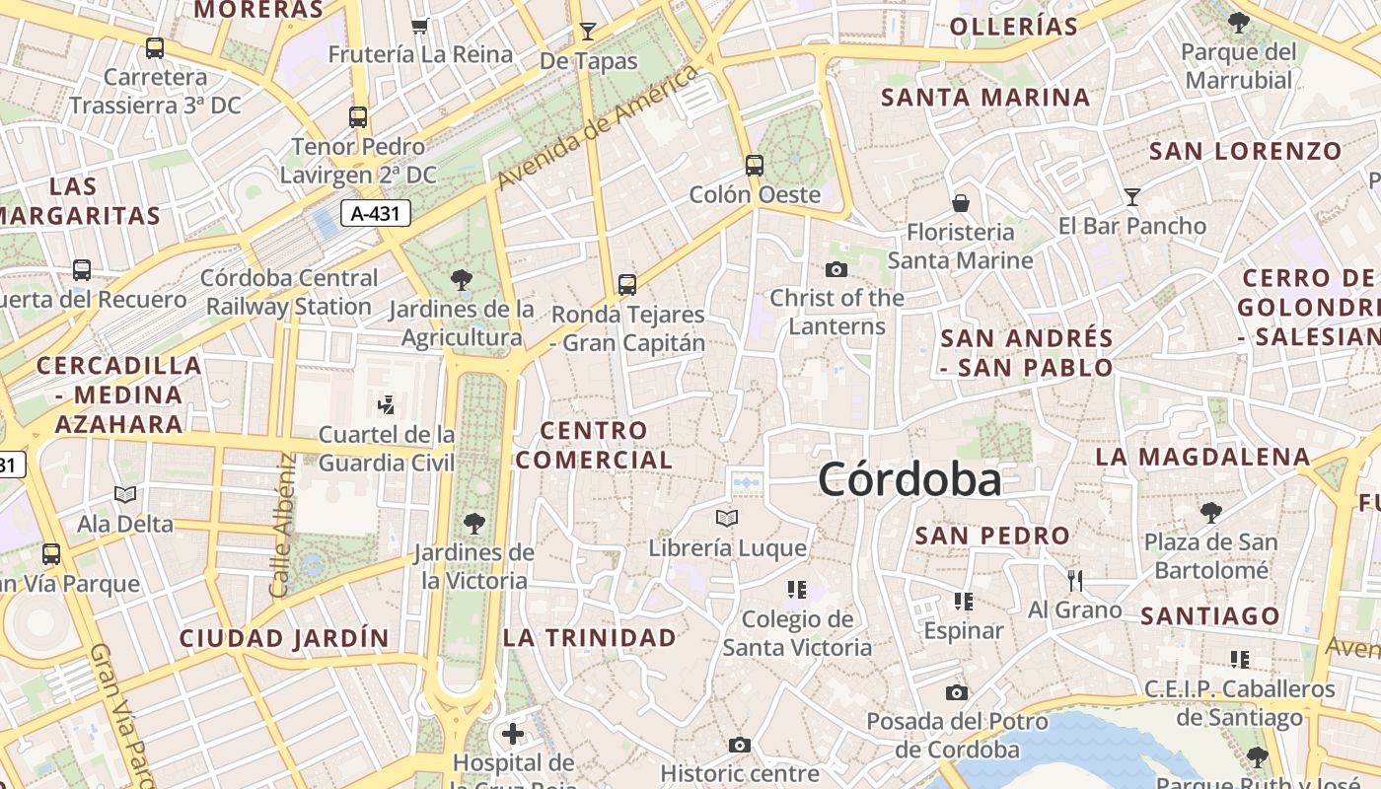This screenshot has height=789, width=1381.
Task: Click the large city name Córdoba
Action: tap(909, 480)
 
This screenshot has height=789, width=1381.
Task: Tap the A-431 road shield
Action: tap(376, 212)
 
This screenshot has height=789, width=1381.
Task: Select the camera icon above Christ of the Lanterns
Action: tap(836, 269)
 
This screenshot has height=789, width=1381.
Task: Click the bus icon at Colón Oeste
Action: tap(755, 165)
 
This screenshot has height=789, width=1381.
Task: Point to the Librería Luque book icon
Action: tap(727, 518)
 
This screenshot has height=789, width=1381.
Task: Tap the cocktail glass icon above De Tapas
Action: tap(588, 31)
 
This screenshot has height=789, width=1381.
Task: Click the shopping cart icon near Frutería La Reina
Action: tap(420, 26)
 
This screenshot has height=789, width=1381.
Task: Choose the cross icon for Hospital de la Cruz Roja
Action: tap(513, 734)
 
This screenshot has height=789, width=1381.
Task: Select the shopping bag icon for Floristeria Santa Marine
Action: tap(961, 203)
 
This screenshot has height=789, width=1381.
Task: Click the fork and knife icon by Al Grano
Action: tap(1075, 580)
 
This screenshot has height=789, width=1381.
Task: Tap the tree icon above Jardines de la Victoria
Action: tap(474, 523)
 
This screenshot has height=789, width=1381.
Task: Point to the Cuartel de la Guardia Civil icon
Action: tap(386, 404)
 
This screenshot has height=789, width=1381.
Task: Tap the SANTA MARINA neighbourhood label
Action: tap(985, 98)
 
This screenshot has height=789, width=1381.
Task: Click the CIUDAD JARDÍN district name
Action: tap(284, 638)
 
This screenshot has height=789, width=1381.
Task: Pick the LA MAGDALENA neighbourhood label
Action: tap(1202, 457)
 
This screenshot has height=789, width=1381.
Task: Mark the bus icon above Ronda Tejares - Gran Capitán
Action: tap(627, 285)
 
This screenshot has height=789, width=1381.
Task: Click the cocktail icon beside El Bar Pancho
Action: tap(1132, 197)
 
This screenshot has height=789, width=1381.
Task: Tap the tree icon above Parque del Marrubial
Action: tap(1239, 22)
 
